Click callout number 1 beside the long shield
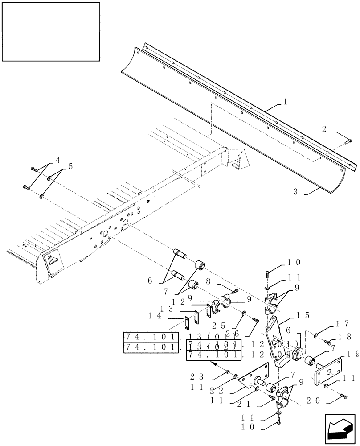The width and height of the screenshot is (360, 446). [285, 102]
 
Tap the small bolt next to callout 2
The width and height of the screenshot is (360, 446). [350, 141]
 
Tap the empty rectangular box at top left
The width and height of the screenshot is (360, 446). [50, 31]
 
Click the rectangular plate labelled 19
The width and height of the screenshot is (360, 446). [329, 369]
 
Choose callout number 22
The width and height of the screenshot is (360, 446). [217, 390]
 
